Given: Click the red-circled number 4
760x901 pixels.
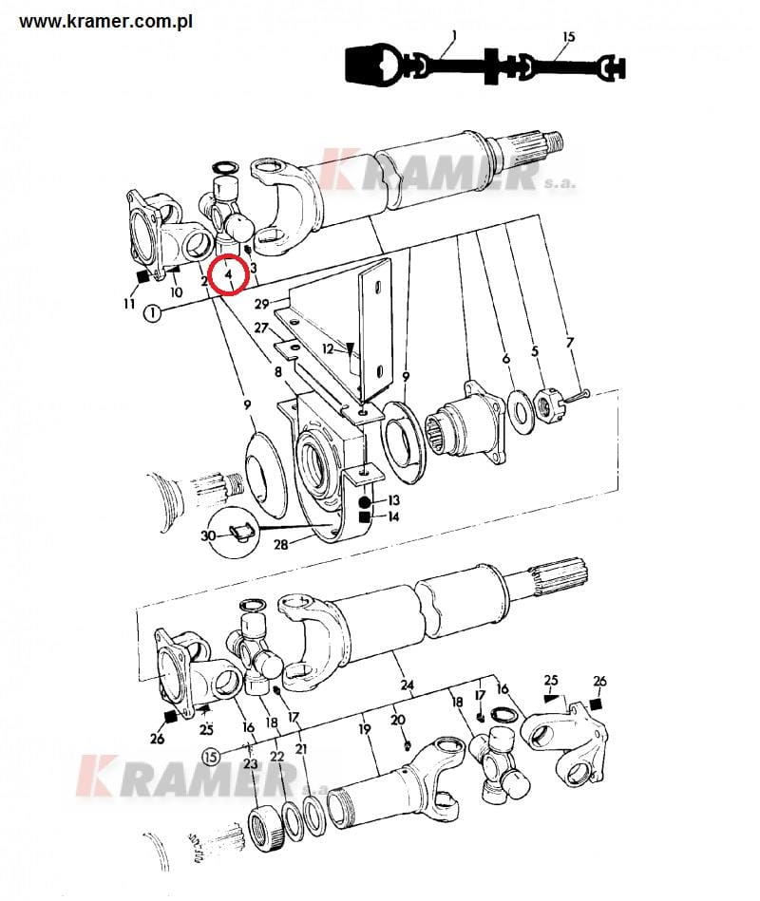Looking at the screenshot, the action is point(229,274).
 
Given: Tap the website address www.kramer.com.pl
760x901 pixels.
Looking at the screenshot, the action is point(105,22).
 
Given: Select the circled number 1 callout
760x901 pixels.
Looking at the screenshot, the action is point(152,314).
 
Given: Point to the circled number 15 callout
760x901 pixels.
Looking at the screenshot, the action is point(212,756).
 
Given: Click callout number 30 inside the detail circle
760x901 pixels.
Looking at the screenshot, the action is point(208,536).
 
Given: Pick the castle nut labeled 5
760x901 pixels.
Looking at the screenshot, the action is point(550,404).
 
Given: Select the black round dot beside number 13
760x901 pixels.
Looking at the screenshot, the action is point(364,502).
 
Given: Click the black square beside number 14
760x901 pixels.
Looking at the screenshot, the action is point(364,517).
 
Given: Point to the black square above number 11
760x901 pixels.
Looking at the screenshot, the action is point(142,276).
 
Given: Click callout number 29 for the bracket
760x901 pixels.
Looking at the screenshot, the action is point(261,304).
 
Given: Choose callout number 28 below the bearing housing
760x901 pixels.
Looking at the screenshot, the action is point(280,544).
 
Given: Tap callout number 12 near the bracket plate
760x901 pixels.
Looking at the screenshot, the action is point(328,348).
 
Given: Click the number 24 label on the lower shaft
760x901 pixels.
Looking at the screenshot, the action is point(407,685).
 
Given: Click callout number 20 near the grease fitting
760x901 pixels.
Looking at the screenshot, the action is point(398,720).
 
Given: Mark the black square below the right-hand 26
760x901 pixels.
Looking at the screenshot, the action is point(598,703).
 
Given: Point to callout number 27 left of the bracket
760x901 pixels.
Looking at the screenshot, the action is point(261,328).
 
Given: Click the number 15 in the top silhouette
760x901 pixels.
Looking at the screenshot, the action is point(568,37).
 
